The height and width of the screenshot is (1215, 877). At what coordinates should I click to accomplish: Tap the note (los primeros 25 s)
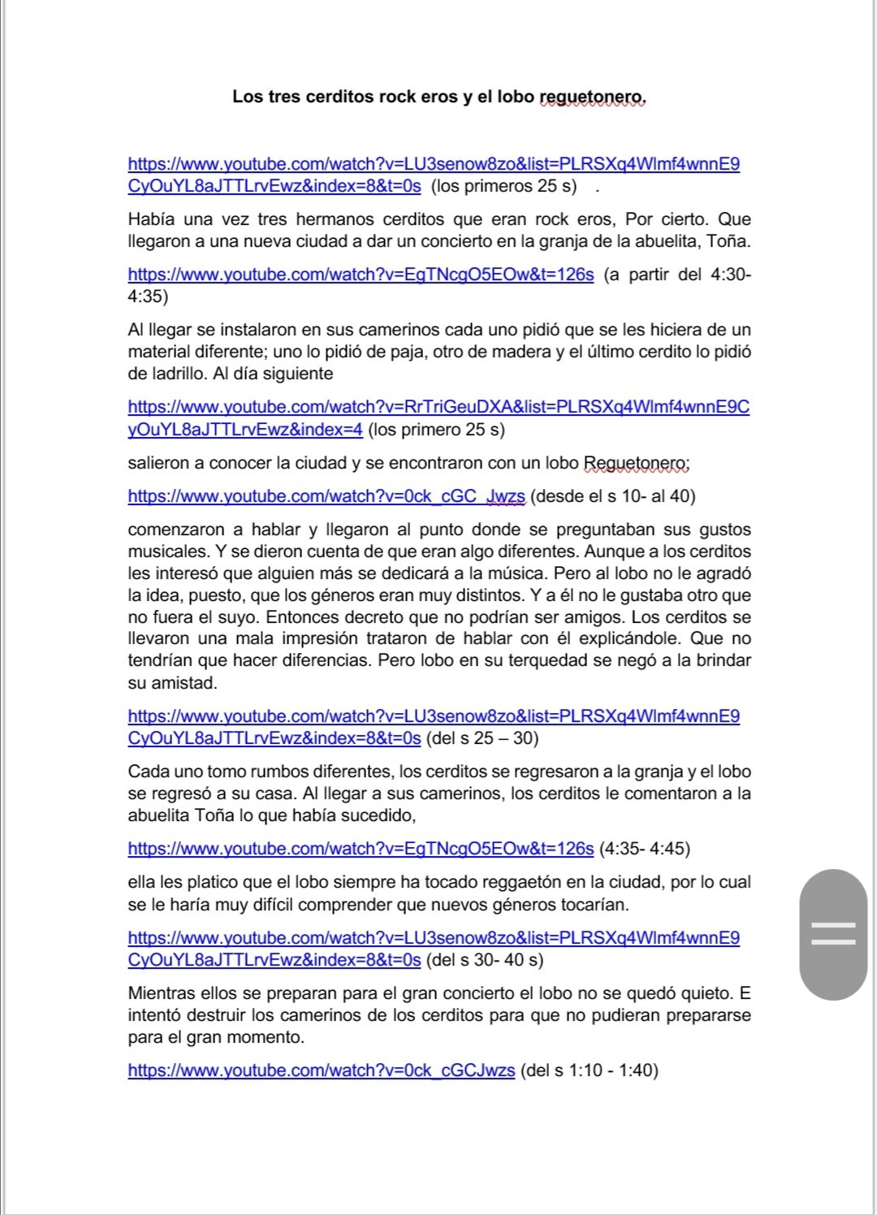503,186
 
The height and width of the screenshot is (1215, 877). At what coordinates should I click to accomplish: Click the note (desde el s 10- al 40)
613,496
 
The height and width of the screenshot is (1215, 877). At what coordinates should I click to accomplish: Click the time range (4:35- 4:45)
644,849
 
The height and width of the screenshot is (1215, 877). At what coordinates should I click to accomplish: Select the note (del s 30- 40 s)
485,960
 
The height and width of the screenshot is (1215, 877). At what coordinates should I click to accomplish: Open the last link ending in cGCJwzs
322,1070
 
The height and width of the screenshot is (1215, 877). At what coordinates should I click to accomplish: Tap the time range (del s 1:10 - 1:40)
589,1070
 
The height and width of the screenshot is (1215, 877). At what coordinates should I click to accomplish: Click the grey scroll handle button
833,934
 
